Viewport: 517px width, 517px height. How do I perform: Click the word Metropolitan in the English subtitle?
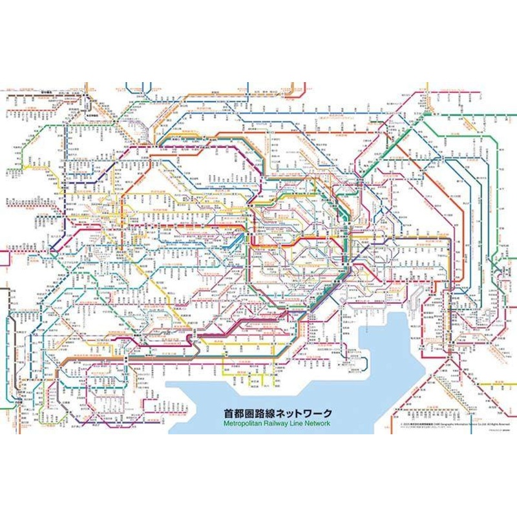244,424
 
